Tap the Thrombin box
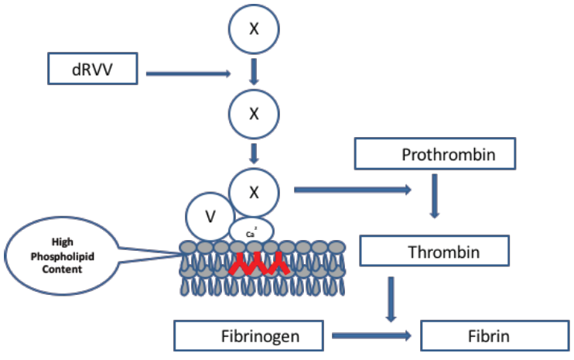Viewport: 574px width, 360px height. pos(435,252)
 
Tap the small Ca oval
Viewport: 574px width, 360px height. pos(251,230)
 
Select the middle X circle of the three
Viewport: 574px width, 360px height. pos(252,113)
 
